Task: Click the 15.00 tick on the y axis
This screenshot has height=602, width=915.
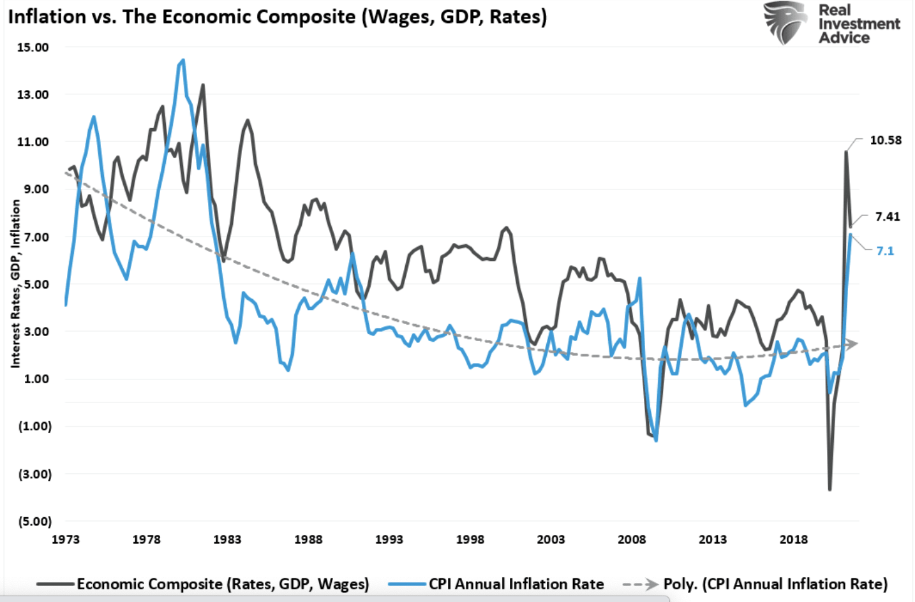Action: pos(33,47)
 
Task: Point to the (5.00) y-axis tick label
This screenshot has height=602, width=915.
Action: pos(35,522)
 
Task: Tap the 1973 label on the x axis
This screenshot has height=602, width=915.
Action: pos(65,540)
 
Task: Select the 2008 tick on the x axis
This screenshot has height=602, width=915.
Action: pos(632,540)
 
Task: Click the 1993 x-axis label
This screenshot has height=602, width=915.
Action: pos(389,540)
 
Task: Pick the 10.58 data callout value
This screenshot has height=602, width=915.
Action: pos(886,140)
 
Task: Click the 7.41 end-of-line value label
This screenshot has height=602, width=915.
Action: pos(888,217)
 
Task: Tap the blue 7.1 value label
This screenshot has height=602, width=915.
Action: pos(885,251)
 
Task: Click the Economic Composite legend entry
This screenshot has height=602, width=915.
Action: pos(223,584)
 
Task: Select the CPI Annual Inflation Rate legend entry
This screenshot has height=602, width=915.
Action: pos(516,584)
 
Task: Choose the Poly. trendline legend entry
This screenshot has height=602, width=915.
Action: pos(775,584)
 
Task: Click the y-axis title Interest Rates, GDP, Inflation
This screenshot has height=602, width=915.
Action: pos(15,284)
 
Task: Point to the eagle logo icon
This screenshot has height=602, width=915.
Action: pos(786,22)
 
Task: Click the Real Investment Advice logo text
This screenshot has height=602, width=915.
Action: pos(858,24)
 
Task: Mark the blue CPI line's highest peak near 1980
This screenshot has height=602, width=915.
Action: pos(183,61)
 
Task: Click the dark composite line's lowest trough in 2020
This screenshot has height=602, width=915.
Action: pos(829,490)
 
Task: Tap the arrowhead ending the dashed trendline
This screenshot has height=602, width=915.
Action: pos(853,344)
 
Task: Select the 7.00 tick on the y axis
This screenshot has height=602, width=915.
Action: pos(33,237)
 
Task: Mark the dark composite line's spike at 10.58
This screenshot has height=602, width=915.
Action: pos(846,152)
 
